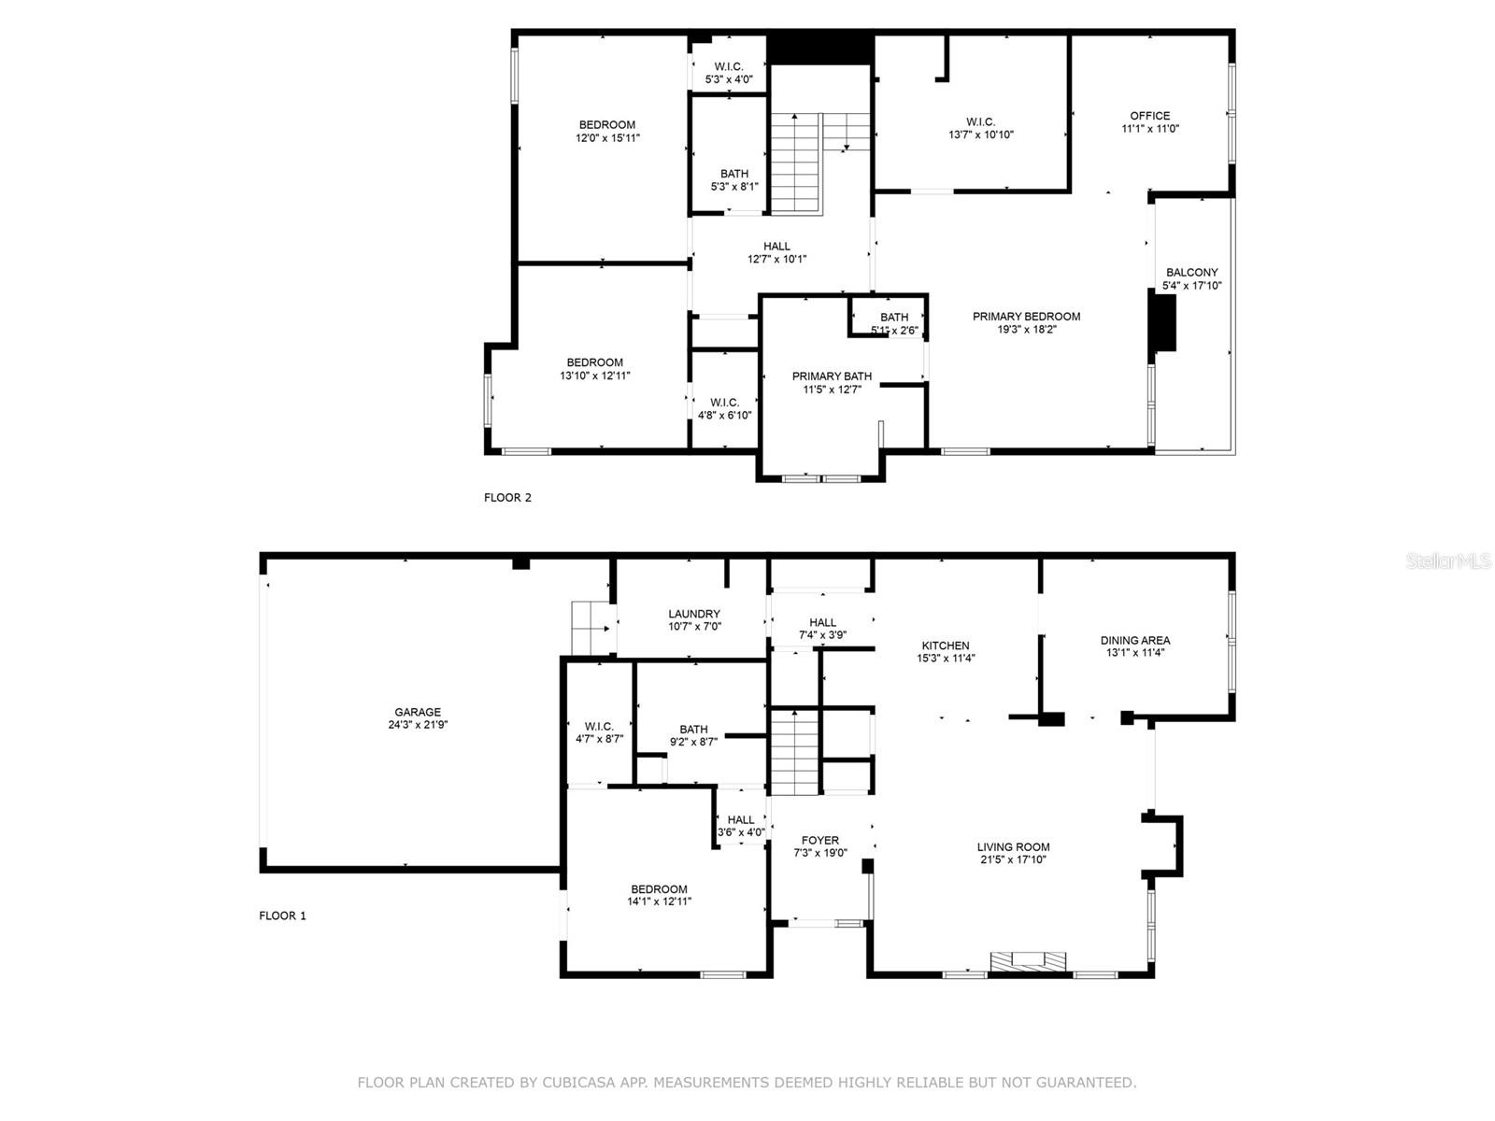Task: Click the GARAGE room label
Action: [418, 712]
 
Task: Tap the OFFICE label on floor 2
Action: [1149, 116]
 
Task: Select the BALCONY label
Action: [1192, 272]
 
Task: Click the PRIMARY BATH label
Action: [832, 376]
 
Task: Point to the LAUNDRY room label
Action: [694, 614]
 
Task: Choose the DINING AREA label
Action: [1135, 641]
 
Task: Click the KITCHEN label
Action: [946, 646]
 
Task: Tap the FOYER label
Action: [820, 841]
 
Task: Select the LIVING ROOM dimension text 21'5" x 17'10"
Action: [1013, 859]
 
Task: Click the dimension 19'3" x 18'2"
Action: [1026, 330]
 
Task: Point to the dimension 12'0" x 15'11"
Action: [607, 138]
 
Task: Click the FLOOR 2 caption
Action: [507, 498]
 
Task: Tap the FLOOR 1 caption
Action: [283, 916]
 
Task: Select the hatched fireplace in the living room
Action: [1028, 960]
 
